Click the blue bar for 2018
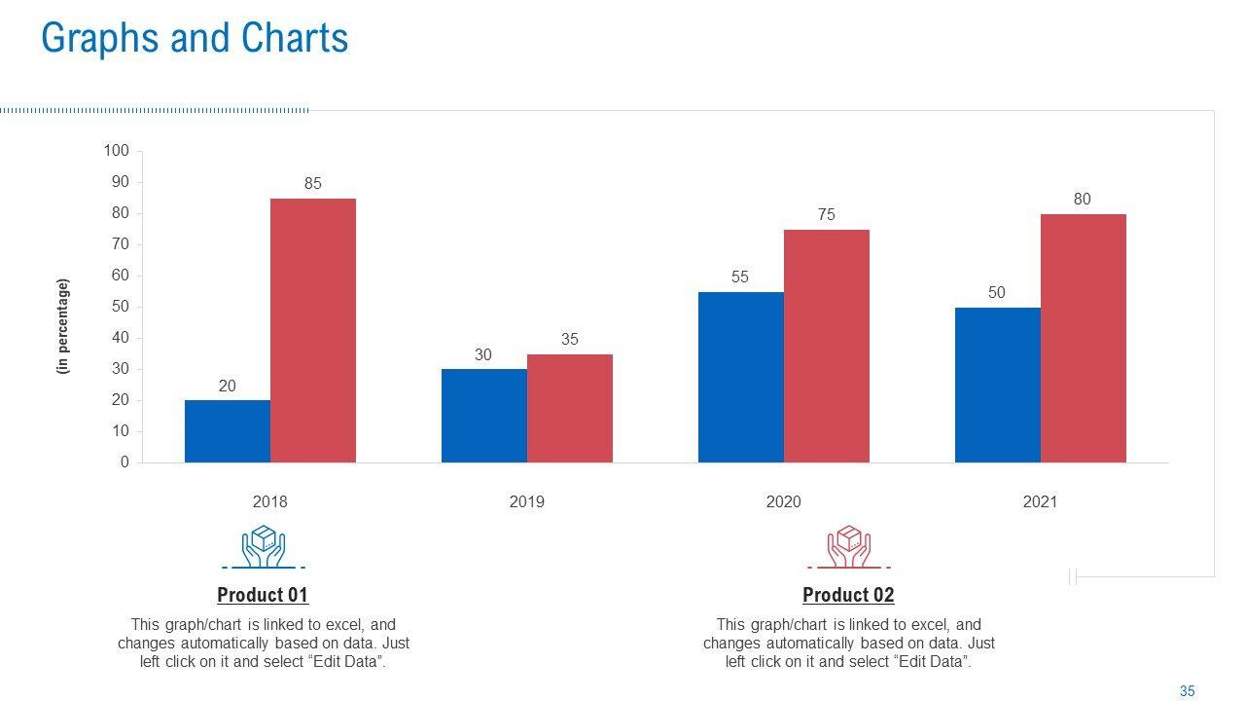pos(228,431)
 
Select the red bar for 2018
pos(313,331)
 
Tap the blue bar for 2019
pos(484,416)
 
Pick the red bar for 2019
pos(570,408)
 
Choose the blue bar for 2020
pos(741,377)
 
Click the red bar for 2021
pos(1084,338)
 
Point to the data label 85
pos(313,183)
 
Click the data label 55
pos(740,277)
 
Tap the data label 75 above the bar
pos(827,214)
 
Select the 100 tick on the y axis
pos(117,151)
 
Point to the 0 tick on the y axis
pos(124,462)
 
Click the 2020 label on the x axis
pos(783,502)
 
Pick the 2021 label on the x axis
pos(1040,502)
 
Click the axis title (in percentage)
pos(64,326)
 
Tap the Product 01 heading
pos(263,595)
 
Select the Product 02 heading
pos(848,595)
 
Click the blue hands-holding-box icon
pos(263,546)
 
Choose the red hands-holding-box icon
pos(848,546)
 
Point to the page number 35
pos(1187,691)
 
